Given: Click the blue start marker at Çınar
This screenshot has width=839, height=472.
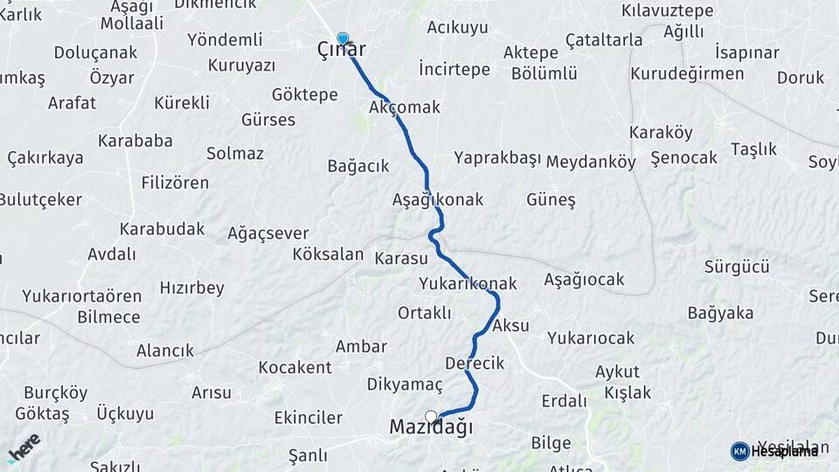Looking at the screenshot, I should (x=343, y=38).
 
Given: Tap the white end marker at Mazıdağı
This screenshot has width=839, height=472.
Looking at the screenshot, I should (x=431, y=416).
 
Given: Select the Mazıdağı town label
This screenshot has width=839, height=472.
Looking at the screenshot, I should (x=431, y=428).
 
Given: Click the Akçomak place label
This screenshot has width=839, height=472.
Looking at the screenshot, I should (x=405, y=108).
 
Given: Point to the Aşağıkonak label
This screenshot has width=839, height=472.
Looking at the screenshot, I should (x=438, y=200).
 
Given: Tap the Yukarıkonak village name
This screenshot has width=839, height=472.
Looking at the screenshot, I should (x=468, y=284).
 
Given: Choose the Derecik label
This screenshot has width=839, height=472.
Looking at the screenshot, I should (x=475, y=363).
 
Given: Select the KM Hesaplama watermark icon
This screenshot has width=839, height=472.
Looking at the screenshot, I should (x=739, y=451).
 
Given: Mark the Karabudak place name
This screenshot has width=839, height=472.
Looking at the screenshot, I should (x=163, y=229).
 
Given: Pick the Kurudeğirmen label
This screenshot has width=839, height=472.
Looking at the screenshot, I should (x=687, y=73).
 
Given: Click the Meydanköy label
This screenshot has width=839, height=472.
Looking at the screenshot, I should (x=591, y=162).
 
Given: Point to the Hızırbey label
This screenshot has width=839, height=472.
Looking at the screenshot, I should (x=192, y=288).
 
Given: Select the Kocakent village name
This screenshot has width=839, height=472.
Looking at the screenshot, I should (x=295, y=367).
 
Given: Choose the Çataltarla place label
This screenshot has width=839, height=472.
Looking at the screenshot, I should (x=604, y=40).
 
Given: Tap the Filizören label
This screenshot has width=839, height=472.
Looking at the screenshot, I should (x=175, y=183).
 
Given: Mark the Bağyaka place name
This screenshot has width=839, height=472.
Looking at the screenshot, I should (x=720, y=313).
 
